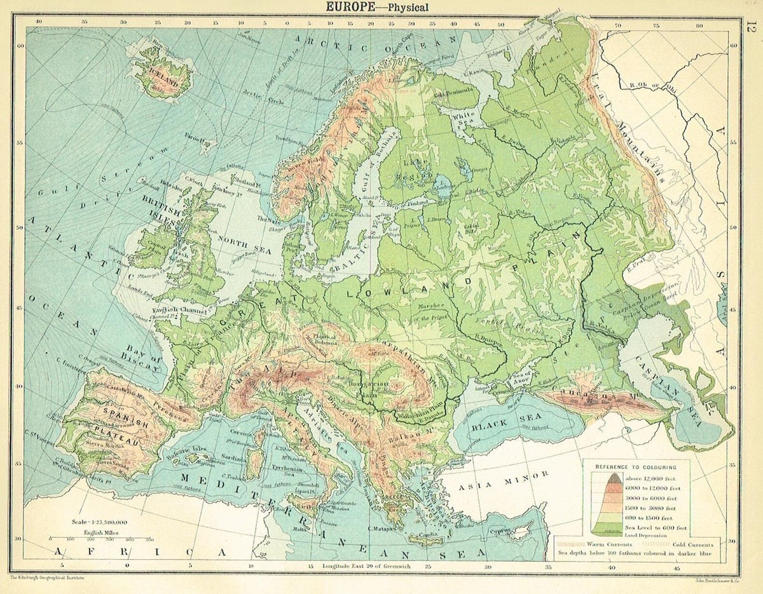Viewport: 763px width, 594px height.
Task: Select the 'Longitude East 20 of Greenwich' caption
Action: coord(368,565)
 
